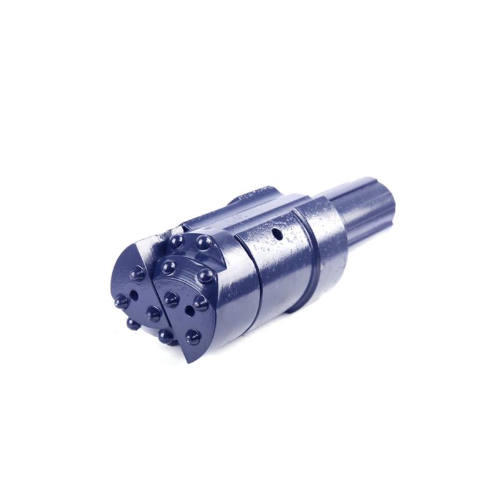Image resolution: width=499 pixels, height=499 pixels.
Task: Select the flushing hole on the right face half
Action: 189,309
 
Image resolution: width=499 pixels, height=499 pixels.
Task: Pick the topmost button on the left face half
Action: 137,273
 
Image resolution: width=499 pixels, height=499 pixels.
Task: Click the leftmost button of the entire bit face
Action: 122,301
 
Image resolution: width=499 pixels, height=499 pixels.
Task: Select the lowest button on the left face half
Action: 133,324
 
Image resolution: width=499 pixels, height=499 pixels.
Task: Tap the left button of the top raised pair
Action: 177,241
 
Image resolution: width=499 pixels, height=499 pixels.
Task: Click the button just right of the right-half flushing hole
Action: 200,303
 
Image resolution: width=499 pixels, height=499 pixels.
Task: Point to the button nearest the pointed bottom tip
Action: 193,337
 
